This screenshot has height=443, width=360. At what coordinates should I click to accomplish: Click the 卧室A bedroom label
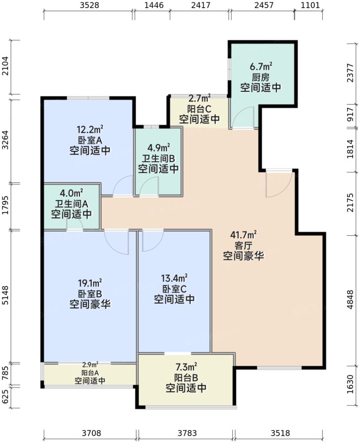[90, 139]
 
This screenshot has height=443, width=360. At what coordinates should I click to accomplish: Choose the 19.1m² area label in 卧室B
[90, 284]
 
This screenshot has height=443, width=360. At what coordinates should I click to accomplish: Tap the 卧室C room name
[174, 288]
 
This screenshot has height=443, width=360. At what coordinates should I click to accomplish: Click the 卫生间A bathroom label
[72, 203]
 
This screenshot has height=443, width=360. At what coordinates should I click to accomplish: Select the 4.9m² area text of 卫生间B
[159, 148]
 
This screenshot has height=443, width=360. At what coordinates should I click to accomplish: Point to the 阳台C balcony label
[199, 108]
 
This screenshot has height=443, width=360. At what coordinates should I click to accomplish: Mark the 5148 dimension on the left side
[6, 297]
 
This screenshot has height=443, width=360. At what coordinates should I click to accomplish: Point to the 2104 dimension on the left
[6, 68]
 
